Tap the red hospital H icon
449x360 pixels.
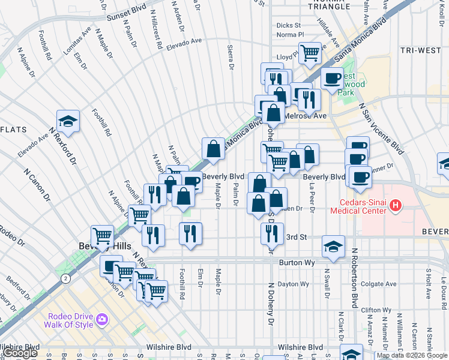pyautogui.click(x=395, y=206)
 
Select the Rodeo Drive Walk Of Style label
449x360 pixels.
pyautogui.click(x=68, y=320)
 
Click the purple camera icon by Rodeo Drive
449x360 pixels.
pyautogui.click(x=103, y=319)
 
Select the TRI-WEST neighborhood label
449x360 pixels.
pyautogui.click(x=421, y=50)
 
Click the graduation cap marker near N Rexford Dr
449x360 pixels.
pyautogui.click(x=68, y=121)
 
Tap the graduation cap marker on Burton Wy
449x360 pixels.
pyautogui.click(x=333, y=246)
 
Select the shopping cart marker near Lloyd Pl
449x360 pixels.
pyautogui.click(x=310, y=52)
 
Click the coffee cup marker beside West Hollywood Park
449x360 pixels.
pyautogui.click(x=332, y=78)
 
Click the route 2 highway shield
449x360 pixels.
pyautogui.click(x=64, y=278)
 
